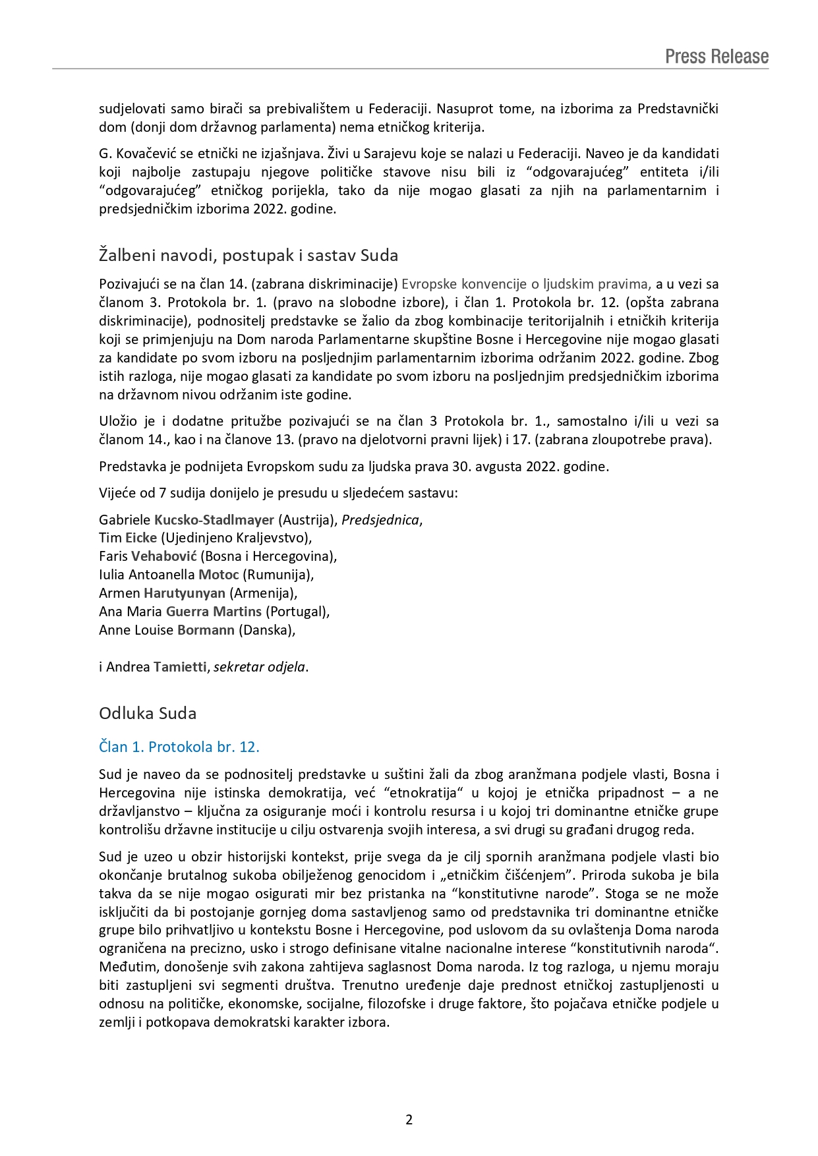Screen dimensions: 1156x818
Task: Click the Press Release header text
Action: coord(716,57)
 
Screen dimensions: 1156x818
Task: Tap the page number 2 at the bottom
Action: coord(409,1119)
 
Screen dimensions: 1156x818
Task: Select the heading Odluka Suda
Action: coord(148,713)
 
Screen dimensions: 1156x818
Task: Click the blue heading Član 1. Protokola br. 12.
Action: coord(179,747)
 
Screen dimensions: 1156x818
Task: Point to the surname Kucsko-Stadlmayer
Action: coord(214,519)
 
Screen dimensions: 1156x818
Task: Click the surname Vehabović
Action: coord(164,556)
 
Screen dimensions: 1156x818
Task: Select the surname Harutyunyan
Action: coord(185,592)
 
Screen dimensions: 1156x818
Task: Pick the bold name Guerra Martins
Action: coord(214,611)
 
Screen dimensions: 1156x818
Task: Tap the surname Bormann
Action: coord(206,629)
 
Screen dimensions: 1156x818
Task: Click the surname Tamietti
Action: coord(180,666)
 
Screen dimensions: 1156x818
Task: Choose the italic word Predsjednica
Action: coord(380,519)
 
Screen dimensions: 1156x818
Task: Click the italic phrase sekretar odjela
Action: coord(259,666)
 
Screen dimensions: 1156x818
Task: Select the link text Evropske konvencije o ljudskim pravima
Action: coord(525,284)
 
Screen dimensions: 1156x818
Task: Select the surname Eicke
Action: coord(141,537)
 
